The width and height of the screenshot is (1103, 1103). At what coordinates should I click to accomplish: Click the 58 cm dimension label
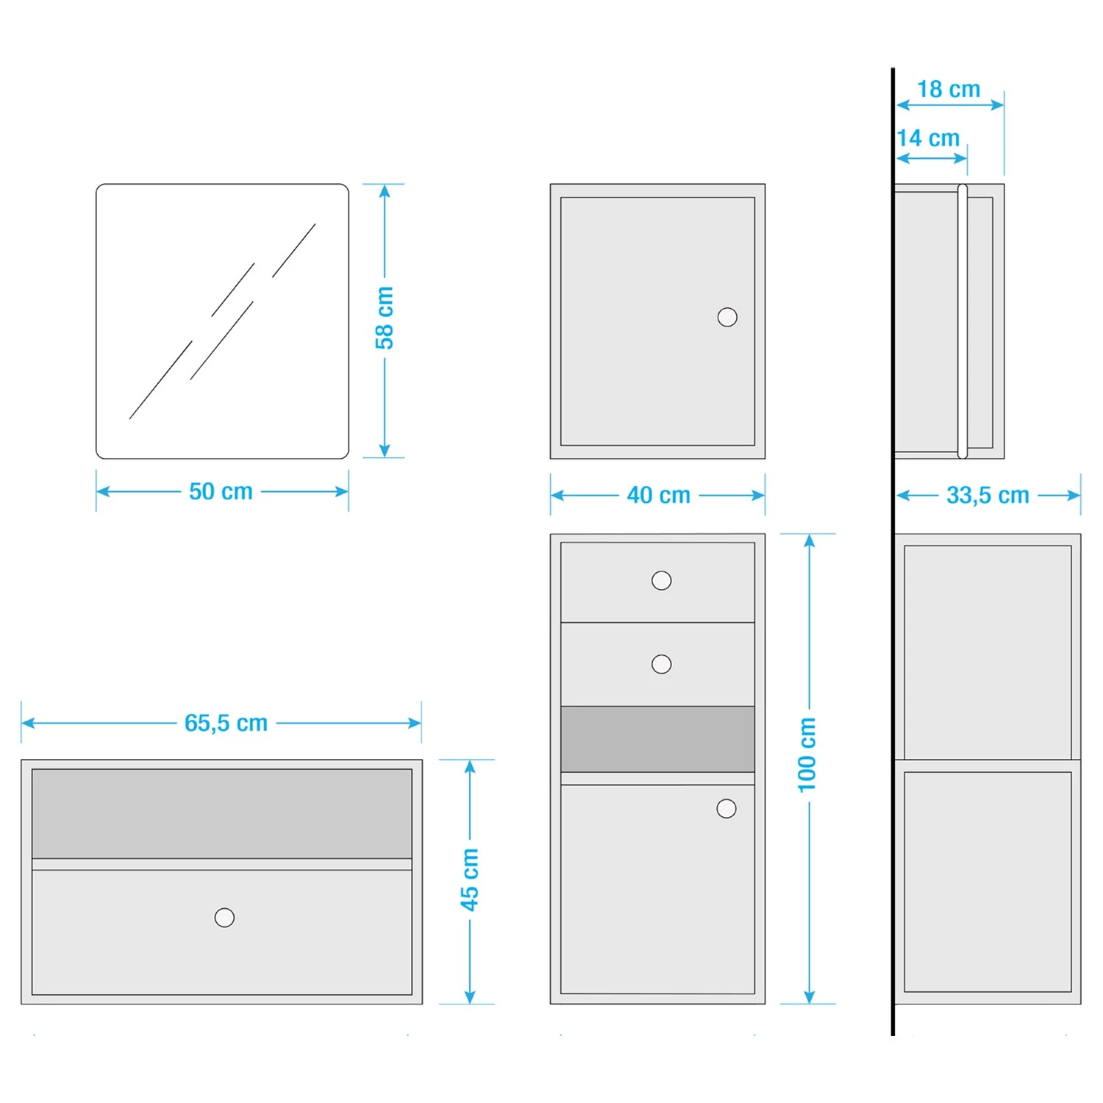385,318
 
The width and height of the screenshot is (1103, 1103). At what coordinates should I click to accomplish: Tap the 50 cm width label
221,491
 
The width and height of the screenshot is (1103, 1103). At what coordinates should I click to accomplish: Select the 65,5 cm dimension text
226,723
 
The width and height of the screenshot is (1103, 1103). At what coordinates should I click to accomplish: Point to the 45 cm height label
470,879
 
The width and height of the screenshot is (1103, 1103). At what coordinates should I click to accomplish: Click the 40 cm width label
658,495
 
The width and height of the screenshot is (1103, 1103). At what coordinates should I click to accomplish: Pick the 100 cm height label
807,755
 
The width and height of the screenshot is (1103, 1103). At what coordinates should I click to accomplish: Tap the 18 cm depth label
949,89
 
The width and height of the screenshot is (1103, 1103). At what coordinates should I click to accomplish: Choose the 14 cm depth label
929,138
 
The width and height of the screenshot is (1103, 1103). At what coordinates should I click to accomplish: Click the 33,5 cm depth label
988,495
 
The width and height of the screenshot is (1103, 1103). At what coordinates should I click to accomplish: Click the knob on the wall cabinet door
727,317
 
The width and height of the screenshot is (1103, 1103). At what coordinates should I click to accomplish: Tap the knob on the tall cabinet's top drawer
662,580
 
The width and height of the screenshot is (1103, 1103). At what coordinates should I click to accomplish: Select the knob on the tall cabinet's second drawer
662,664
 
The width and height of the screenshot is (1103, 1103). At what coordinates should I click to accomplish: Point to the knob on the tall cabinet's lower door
727,808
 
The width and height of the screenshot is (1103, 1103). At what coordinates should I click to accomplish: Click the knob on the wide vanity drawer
224,917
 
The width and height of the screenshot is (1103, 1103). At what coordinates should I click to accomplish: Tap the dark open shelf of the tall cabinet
657,739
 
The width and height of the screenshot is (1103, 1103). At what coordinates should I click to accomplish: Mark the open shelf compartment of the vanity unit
221,813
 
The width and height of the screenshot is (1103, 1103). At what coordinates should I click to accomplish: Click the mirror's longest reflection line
160,380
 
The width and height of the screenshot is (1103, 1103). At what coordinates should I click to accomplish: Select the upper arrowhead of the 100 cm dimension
809,541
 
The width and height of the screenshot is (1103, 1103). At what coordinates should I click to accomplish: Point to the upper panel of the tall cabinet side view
988,652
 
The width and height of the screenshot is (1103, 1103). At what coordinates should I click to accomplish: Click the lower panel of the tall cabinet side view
988,882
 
